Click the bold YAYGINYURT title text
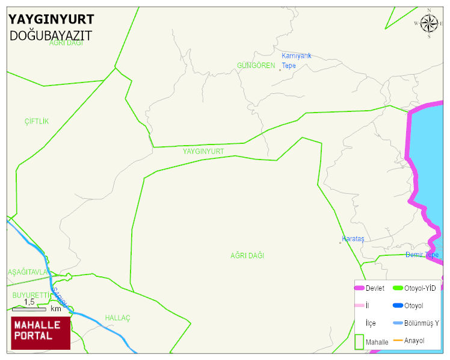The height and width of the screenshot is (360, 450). coord(51,20)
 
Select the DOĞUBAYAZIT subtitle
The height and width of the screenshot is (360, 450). coord(51,36)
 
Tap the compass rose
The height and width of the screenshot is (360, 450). coord(429,23)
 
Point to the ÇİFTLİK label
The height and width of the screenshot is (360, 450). coord(37,122)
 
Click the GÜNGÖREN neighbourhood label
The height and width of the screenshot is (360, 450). coord(256,66)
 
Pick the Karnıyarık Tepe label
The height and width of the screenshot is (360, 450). coord(297,61)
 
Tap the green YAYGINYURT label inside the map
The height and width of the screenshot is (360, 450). coord(203,152)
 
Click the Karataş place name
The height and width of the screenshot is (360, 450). coord(353,239)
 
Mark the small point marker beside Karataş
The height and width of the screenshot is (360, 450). coord(340,243)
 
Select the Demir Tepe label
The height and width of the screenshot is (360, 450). coord(422,255)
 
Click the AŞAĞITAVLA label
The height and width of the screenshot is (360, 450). coord(27,272)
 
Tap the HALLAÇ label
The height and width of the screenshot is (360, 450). coord(117,318)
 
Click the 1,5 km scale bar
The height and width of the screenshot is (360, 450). coord(29,309)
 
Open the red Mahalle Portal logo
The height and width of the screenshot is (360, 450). coord(40,332)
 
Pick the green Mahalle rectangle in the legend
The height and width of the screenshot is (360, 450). coord(359,341)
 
